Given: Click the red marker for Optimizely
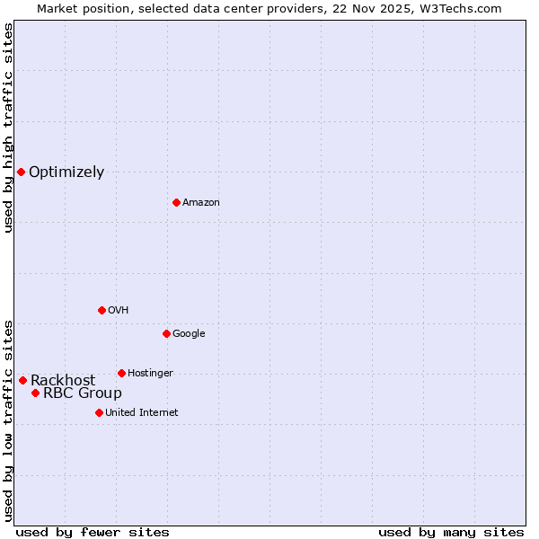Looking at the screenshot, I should tap(21, 172).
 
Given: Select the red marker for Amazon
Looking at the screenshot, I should tap(176, 202).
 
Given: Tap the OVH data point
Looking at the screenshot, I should tap(102, 310).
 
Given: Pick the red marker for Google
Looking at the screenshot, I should tap(166, 333).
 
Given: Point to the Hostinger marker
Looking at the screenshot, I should tap(121, 373).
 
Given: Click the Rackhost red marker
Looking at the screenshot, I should tap(22, 380).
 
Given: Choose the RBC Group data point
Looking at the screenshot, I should tap(35, 393).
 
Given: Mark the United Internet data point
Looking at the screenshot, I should tap(99, 412).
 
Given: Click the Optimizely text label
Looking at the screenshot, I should tap(66, 172).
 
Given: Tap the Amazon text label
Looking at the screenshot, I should tap(201, 203).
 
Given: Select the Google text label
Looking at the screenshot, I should tap(189, 334).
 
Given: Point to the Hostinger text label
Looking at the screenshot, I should tap(150, 374).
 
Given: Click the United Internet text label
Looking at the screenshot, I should tap(142, 413).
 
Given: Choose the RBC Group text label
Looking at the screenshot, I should tap(83, 393).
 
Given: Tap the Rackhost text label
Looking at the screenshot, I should tap(63, 381).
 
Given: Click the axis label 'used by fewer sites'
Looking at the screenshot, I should tap(93, 533).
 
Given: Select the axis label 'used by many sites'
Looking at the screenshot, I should tap(451, 533).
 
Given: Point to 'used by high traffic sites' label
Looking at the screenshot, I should tap(8, 128).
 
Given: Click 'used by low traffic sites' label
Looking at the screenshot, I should tap(8, 420).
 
